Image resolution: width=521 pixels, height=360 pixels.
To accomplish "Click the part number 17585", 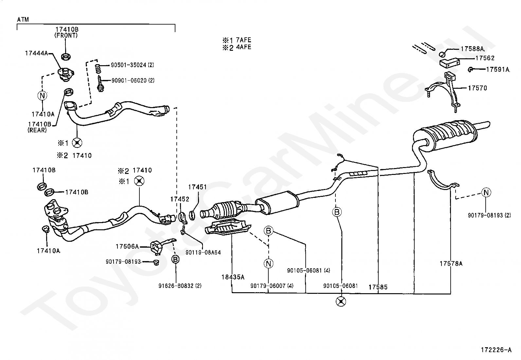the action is tap(378, 287).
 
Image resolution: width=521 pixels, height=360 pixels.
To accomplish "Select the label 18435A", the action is tap(233, 277).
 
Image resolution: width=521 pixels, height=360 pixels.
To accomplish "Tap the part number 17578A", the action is tap(451, 263).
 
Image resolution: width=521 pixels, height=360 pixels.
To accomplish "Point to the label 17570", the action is tap(477, 88).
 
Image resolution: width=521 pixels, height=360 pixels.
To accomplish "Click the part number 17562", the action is tap(485, 58).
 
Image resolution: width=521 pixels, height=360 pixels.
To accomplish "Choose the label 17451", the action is tap(197, 187).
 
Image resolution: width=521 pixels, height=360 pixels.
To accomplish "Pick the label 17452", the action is tap(180, 199).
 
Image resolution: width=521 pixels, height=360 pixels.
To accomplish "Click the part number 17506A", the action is tap(127, 246).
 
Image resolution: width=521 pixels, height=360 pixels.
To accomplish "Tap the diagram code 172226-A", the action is tap(496, 350).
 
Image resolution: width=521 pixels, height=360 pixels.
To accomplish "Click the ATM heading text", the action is tap(23, 20).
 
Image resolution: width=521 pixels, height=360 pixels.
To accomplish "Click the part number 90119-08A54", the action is tap(203, 253).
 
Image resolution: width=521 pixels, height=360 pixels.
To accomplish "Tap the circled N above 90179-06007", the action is tap(268, 264).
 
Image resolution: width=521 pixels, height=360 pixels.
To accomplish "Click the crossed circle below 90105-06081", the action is tap(341, 301).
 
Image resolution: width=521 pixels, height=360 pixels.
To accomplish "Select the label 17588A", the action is tap(472, 49).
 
